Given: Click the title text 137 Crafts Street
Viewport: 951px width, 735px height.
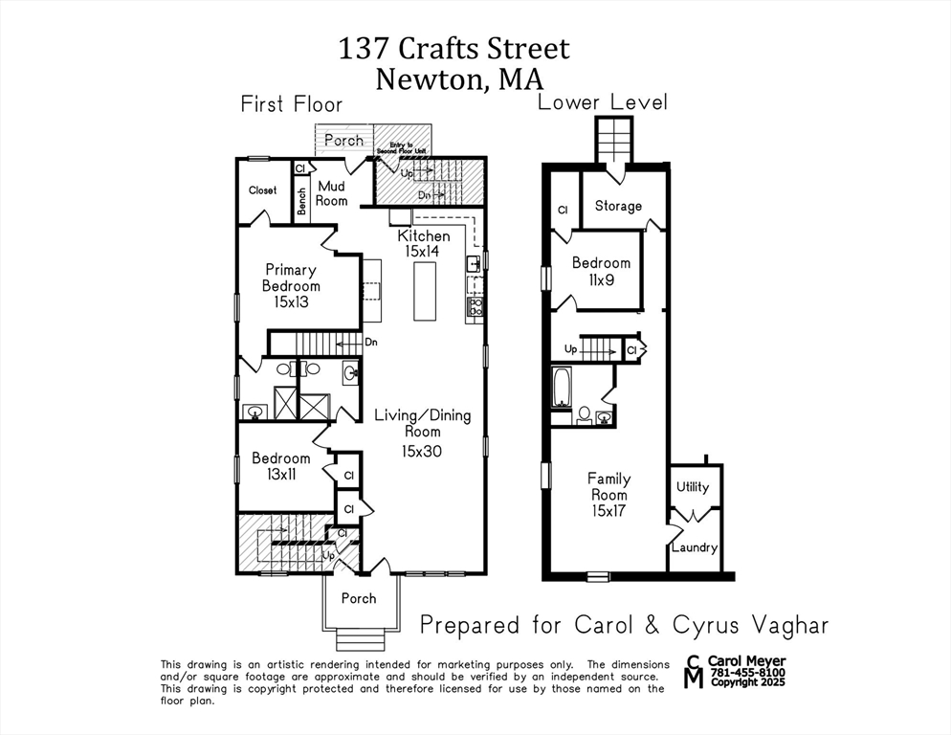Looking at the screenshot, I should [x=453, y=49].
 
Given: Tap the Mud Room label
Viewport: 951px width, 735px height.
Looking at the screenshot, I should [x=332, y=193].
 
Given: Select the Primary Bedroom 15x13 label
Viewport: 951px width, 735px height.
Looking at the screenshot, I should [x=291, y=285].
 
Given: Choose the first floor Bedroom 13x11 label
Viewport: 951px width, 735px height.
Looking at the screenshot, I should [x=280, y=467].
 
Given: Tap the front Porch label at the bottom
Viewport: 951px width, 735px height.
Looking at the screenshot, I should [x=359, y=598].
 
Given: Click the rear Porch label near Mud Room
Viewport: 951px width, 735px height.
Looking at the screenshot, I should [x=343, y=140].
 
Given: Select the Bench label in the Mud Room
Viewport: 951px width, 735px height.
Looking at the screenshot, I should [x=302, y=200].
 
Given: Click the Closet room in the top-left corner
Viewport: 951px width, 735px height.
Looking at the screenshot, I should [x=263, y=190].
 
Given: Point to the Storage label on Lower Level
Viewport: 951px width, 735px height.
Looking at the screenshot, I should [x=618, y=206].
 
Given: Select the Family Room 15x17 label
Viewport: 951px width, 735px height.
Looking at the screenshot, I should [x=608, y=495].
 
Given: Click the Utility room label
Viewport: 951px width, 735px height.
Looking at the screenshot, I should [x=693, y=487].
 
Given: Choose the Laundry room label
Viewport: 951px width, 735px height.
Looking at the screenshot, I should [x=694, y=547].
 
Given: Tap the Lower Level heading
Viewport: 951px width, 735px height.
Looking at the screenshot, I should [x=602, y=102].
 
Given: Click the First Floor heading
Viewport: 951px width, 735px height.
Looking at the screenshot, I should [x=291, y=103].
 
